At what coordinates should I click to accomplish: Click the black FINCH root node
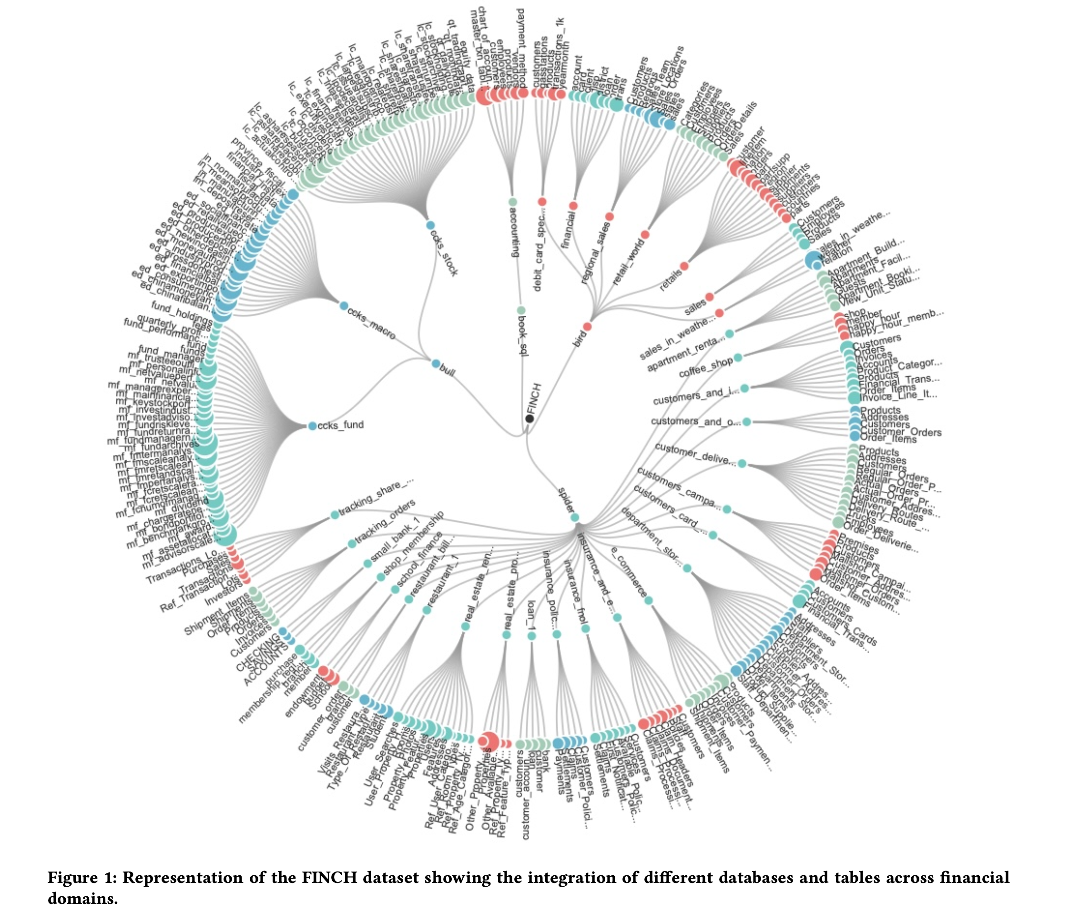pos(529,418)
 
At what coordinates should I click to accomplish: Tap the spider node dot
pos(574,518)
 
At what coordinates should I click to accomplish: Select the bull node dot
pos(436,363)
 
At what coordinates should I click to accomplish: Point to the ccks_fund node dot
pos(312,426)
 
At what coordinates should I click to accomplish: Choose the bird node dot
pos(587,327)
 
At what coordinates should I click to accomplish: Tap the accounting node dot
pos(512,201)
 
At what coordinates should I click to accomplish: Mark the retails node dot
pos(684,266)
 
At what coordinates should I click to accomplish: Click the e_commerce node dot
pos(649,600)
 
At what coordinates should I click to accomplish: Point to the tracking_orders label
pos(385,522)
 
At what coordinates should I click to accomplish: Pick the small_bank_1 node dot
pos(367,563)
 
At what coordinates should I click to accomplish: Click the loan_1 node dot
pos(531,635)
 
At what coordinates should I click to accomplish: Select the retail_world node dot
pos(645,234)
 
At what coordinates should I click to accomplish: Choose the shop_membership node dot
pos(381,577)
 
